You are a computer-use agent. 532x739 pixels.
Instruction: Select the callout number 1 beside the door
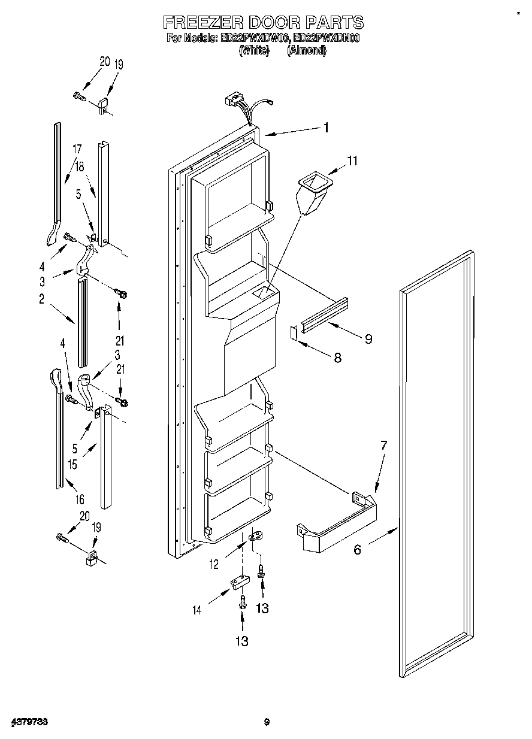327,127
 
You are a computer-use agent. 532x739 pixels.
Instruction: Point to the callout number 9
368,339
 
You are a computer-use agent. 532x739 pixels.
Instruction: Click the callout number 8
338,358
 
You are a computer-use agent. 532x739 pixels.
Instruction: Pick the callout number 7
383,445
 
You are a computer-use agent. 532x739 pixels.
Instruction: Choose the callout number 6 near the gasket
357,549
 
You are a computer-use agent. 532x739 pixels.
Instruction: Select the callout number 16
79,499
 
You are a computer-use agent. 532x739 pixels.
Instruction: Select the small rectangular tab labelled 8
294,333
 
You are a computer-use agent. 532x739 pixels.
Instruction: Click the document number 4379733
29,722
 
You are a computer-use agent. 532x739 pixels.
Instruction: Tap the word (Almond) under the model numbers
307,52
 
